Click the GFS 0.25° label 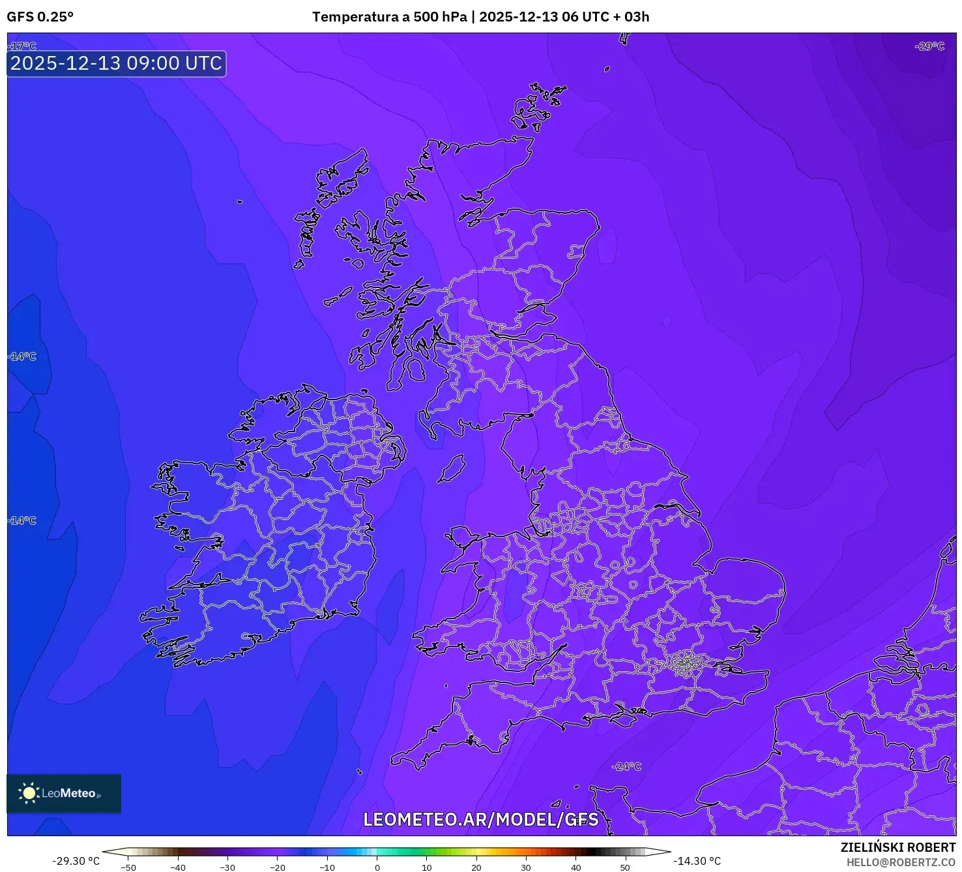40,17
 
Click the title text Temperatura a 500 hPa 389,17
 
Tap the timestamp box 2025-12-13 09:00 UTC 117,63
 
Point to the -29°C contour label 929,46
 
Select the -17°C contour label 23,46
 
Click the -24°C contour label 626,766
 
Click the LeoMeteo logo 64,793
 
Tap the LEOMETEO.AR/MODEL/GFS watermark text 480,819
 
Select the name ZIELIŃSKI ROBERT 897,847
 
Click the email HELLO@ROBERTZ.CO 901,862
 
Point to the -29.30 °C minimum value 76,861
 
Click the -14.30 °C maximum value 697,861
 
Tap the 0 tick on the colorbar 377,867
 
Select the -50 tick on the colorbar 128,867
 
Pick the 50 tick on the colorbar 625,867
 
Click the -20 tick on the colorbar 278,867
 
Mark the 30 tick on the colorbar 526,867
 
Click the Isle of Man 451,469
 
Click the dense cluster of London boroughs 686,664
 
